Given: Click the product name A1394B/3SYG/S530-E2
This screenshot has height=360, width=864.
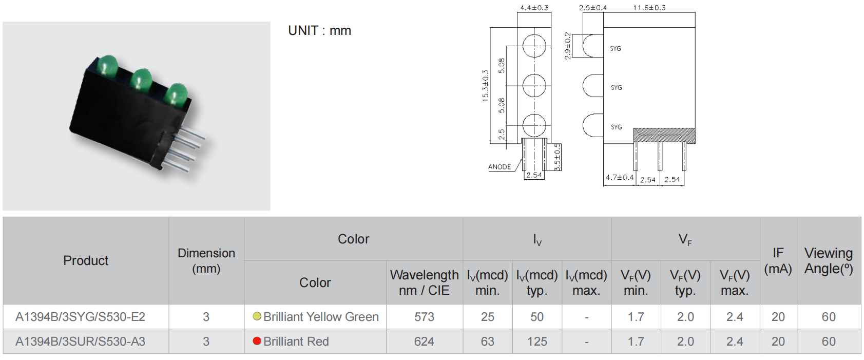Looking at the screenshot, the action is [x=80, y=317].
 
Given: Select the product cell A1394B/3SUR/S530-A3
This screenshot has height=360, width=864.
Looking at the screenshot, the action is [x=80, y=342].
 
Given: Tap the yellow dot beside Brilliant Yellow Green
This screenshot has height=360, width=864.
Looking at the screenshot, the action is [x=257, y=316].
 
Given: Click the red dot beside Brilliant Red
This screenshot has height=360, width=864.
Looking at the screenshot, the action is [x=257, y=341].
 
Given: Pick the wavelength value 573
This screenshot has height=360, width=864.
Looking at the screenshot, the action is [x=424, y=317].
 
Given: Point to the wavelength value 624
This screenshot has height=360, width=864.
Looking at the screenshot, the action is [x=424, y=342].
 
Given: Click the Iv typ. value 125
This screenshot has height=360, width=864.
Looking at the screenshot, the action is [x=537, y=342].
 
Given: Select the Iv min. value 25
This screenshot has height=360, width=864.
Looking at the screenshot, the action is [x=488, y=317].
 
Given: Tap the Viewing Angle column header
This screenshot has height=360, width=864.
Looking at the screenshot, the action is [x=829, y=260].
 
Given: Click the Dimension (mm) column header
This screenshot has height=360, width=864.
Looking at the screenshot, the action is [x=206, y=261].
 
